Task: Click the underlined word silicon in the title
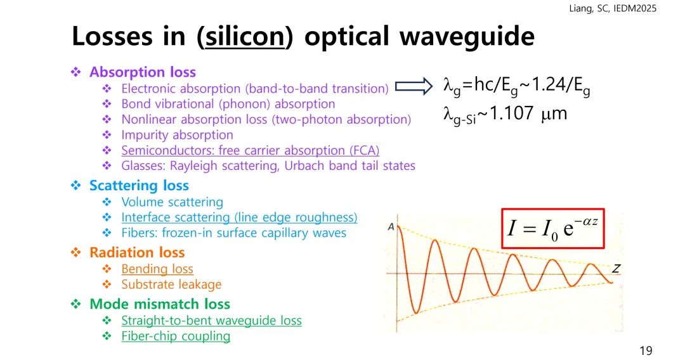pyautogui.click(x=245, y=35)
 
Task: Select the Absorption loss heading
pyautogui.click(x=143, y=72)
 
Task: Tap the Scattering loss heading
pyautogui.click(x=139, y=186)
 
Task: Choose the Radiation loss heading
pyautogui.click(x=137, y=252)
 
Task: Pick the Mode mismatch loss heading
pyautogui.click(x=159, y=304)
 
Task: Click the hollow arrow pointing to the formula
pyautogui.click(x=414, y=86)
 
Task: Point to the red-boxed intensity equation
pyautogui.click(x=552, y=229)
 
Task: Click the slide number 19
pyautogui.click(x=646, y=350)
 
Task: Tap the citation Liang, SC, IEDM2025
pyautogui.click(x=613, y=8)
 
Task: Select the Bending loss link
pyautogui.click(x=157, y=269)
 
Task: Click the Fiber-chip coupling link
pyautogui.click(x=176, y=336)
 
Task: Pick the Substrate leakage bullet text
pyautogui.click(x=171, y=285)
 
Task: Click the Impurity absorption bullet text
pyautogui.click(x=177, y=135)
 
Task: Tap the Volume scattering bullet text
pyautogui.click(x=172, y=202)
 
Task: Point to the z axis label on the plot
pyautogui.click(x=616, y=268)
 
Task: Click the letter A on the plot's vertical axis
pyautogui.click(x=391, y=226)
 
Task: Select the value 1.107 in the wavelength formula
pyautogui.click(x=512, y=113)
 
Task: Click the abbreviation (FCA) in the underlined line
pyautogui.click(x=364, y=151)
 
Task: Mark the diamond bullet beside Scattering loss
pyautogui.click(x=76, y=186)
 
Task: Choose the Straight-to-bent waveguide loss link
pyautogui.click(x=211, y=321)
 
